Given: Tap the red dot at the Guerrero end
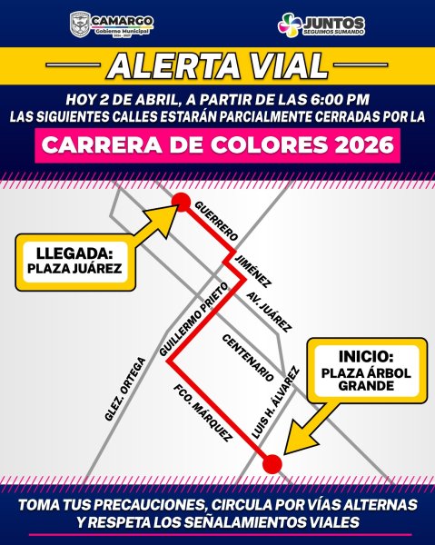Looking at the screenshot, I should [181, 202].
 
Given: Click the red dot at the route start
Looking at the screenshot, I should [270, 464].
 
